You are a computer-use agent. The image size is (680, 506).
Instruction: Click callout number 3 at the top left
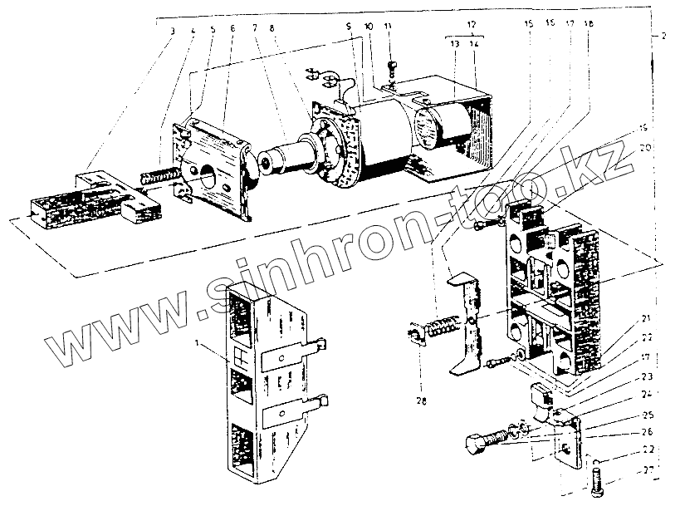tap(171, 30)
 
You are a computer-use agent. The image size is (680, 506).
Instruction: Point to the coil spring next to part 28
tap(438, 327)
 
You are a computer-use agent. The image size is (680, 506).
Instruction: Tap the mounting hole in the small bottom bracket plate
tap(565, 448)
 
